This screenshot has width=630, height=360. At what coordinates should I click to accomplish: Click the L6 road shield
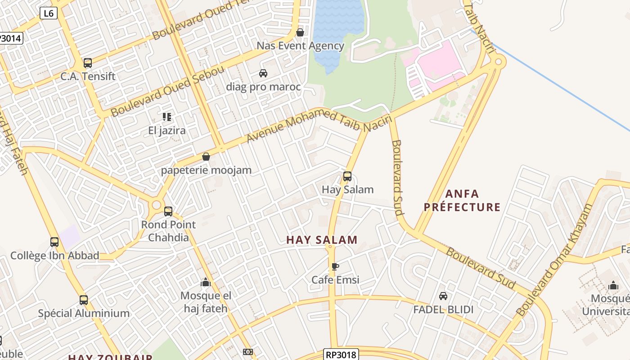tap(48, 13)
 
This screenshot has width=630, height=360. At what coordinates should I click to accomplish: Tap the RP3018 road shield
tap(341, 355)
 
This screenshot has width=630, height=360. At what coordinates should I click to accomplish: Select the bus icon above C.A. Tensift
tap(88, 63)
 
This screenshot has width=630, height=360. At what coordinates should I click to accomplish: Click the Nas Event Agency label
tap(300, 45)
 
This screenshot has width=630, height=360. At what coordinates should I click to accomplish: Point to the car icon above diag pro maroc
tap(263, 73)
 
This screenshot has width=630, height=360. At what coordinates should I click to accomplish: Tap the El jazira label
tap(167, 131)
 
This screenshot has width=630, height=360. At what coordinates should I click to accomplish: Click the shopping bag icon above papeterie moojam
tap(206, 157)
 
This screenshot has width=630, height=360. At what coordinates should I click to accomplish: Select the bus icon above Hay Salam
tap(347, 176)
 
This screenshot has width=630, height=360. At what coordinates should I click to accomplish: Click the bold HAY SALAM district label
tap(322, 240)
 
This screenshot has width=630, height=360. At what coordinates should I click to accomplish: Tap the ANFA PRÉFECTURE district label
tap(462, 201)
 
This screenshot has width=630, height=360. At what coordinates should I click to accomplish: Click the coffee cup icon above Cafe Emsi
tap(335, 267)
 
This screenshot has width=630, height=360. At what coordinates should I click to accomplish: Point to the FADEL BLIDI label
tap(443, 310)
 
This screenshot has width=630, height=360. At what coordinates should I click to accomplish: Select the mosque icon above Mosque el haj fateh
tap(206, 283)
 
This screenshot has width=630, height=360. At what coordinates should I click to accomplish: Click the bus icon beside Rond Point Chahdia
tap(168, 211)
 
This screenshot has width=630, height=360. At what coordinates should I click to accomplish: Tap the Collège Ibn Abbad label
tap(55, 256)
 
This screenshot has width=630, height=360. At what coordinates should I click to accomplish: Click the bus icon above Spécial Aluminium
tap(84, 300)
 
